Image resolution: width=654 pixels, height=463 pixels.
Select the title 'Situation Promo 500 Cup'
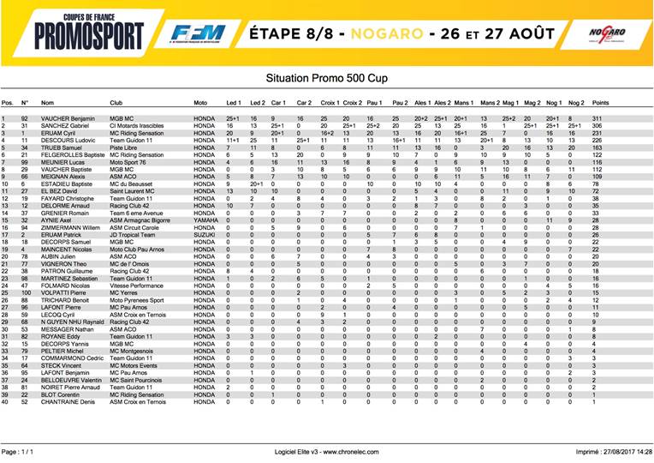[x=326, y=77]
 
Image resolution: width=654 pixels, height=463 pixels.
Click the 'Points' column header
[x=600, y=102]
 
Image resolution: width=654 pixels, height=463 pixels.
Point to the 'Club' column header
[x=116, y=102]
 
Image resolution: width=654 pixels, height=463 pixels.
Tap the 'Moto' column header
[x=201, y=102]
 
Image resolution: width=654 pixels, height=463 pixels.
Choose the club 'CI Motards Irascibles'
[x=141, y=126]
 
